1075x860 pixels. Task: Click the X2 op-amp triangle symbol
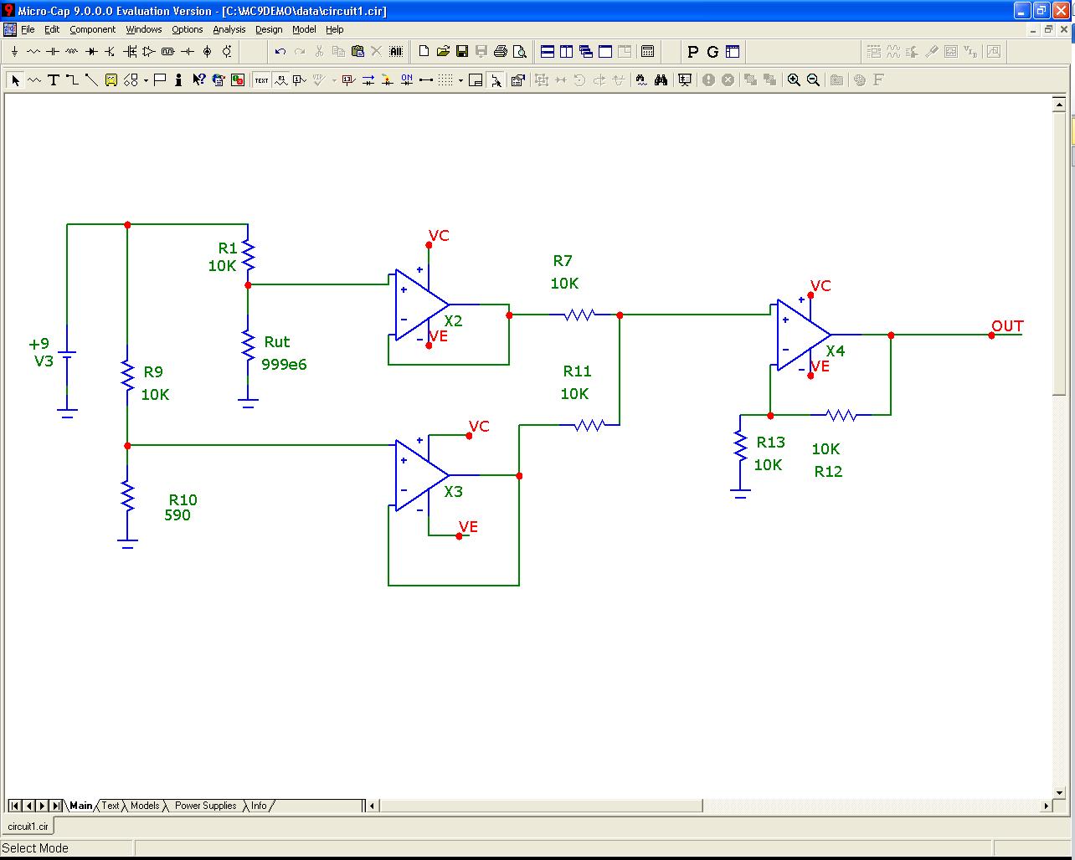(419, 305)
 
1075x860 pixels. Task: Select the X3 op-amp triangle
(419, 475)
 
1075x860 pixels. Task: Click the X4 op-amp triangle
(800, 335)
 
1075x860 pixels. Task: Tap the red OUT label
(1007, 326)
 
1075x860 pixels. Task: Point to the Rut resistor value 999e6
(284, 365)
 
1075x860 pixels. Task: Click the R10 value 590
(177, 515)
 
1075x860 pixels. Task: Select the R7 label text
(563, 261)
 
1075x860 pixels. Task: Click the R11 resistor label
(577, 371)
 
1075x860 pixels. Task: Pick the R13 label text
(771, 443)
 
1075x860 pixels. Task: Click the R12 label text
(828, 472)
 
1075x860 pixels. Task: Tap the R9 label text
(153, 372)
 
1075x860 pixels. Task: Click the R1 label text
(228, 248)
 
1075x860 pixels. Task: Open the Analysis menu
(229, 29)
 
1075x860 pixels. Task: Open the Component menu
(92, 29)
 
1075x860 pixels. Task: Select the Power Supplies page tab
(205, 806)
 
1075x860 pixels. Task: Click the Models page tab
(145, 806)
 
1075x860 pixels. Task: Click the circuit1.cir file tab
(28, 826)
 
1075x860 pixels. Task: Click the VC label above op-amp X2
(439, 236)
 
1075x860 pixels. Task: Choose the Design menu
(269, 29)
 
